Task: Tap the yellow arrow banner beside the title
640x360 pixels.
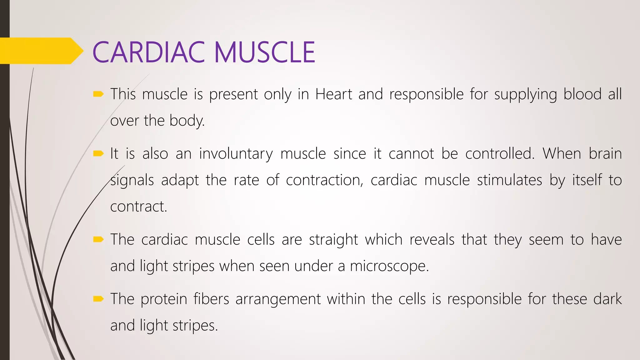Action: (x=41, y=51)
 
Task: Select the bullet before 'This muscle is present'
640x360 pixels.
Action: (x=98, y=94)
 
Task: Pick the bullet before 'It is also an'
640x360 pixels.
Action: (x=98, y=153)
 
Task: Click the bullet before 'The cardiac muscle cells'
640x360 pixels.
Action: (x=98, y=240)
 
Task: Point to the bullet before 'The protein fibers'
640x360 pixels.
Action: (x=98, y=299)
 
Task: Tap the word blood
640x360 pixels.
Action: (x=582, y=94)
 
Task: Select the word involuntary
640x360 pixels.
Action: (x=236, y=154)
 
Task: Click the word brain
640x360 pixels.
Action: (x=605, y=153)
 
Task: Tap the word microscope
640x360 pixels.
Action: (x=389, y=267)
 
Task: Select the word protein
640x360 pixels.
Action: (x=164, y=299)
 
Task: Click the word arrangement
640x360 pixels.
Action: (x=278, y=299)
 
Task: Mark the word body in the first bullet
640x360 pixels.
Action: (x=187, y=121)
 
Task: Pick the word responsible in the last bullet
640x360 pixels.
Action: (x=484, y=299)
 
